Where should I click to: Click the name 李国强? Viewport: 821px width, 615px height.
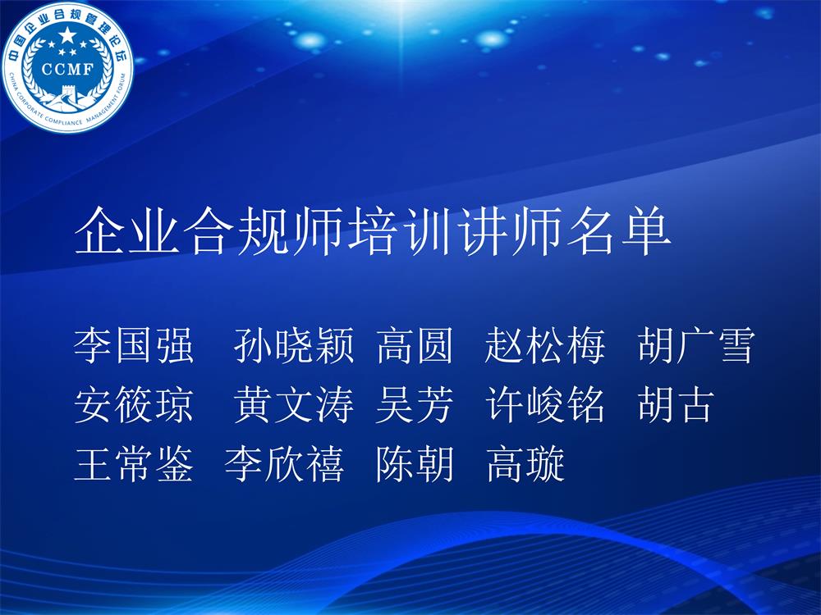(x=134, y=345)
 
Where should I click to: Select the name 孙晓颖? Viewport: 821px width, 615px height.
(x=294, y=345)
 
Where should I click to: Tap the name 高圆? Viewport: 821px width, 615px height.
(x=415, y=345)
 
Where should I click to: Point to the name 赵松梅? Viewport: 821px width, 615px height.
(x=545, y=345)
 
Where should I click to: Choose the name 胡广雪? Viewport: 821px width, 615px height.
(x=696, y=345)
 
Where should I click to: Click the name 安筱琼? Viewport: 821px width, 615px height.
(x=134, y=404)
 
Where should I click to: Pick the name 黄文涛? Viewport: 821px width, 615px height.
(x=294, y=404)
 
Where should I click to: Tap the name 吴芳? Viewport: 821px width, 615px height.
(x=415, y=404)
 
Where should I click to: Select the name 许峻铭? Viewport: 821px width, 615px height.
(x=545, y=404)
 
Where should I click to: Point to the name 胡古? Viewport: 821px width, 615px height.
(x=676, y=404)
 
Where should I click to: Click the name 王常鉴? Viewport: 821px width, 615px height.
(x=134, y=463)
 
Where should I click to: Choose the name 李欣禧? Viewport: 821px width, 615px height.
(x=284, y=463)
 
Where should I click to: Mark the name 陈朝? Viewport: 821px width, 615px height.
(x=415, y=463)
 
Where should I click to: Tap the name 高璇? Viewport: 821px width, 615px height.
(x=525, y=463)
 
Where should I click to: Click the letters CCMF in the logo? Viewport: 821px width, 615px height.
(x=67, y=69)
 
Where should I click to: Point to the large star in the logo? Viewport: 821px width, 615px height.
(x=67, y=36)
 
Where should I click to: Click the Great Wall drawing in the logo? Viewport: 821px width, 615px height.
(x=67, y=98)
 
